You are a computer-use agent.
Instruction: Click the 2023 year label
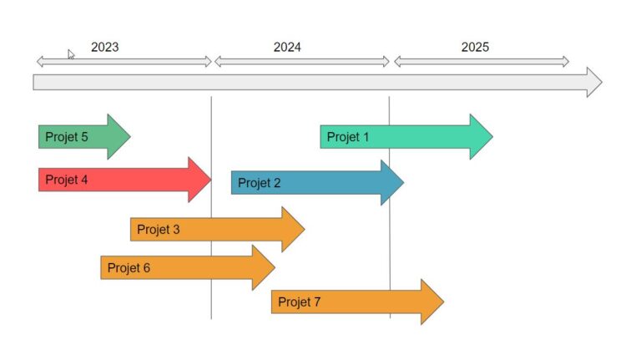(104, 47)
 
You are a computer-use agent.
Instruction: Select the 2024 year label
(287, 47)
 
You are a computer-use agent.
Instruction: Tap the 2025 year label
(475, 47)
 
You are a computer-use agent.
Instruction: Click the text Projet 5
(67, 137)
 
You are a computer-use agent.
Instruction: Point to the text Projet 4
(67, 180)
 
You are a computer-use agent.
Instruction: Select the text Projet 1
(348, 137)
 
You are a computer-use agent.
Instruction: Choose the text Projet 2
(260, 182)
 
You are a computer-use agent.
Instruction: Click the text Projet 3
(159, 229)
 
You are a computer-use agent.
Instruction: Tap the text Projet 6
(129, 268)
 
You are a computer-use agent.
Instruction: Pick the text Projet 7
(300, 302)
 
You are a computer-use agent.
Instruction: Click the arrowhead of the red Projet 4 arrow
(199, 180)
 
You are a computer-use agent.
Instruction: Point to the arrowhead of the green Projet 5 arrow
(119, 137)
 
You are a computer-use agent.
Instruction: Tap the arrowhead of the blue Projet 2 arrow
(392, 182)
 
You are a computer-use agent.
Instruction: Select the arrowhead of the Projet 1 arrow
(482, 137)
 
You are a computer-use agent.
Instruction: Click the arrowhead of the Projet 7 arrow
(432, 302)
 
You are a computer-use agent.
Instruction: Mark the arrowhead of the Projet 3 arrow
(294, 229)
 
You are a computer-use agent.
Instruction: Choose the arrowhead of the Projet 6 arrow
(264, 268)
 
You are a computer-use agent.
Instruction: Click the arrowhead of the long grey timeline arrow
(594, 82)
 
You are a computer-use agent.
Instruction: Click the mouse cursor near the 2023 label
(71, 54)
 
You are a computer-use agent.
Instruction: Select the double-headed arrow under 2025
(482, 62)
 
